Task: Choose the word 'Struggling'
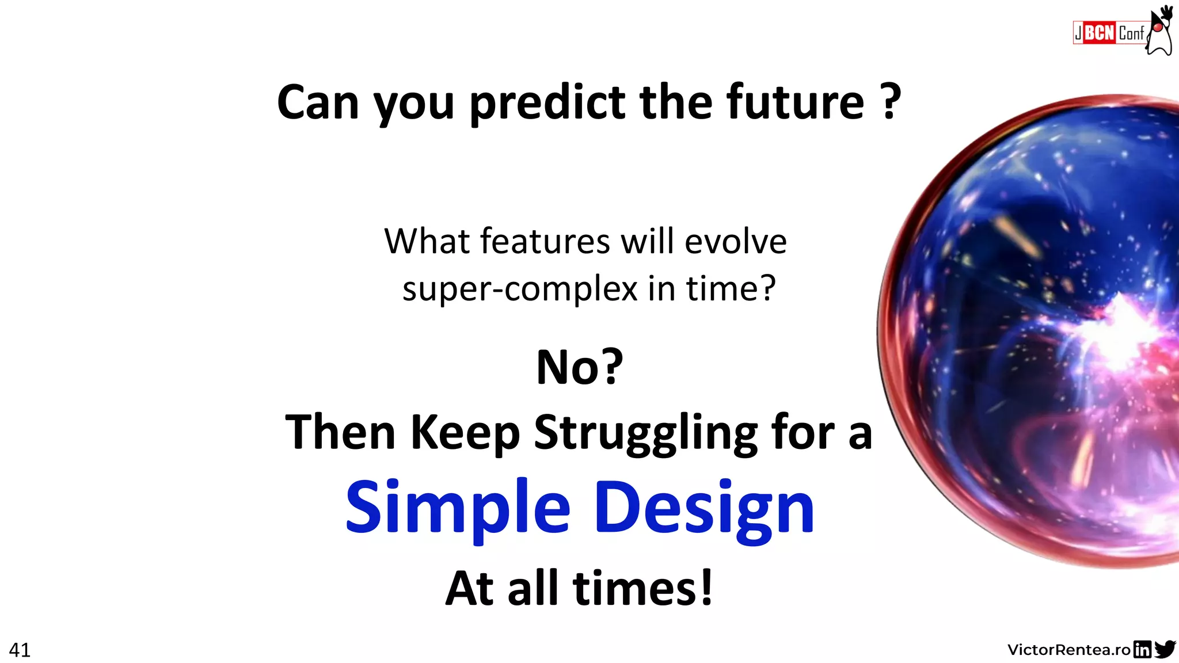click(646, 433)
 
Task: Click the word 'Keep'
click(465, 433)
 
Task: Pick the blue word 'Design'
click(703, 508)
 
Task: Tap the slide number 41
click(20, 650)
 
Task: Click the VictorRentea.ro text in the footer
click(1069, 650)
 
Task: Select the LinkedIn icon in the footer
click(1142, 649)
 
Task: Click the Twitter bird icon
click(1165, 649)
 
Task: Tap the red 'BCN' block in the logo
click(1100, 33)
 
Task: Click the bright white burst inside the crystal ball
click(1120, 334)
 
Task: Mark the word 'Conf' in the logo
click(1131, 33)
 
